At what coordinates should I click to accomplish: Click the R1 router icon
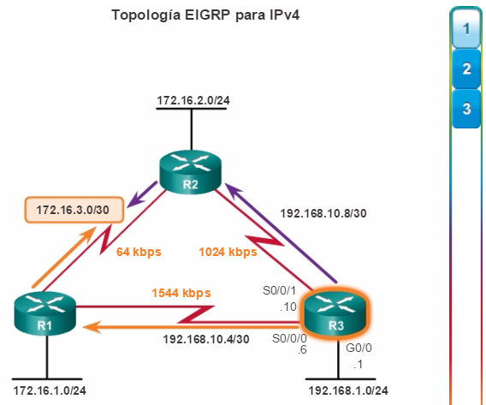point(45,314)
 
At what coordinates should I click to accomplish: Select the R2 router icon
point(190,173)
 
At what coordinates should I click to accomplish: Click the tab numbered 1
point(466,29)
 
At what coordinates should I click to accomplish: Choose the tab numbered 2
point(466,68)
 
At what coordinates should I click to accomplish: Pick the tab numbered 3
point(466,109)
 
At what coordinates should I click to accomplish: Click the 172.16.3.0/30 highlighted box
point(74,210)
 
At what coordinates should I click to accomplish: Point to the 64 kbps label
point(139,252)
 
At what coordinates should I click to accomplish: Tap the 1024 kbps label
point(228,252)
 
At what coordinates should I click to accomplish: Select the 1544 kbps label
point(181,293)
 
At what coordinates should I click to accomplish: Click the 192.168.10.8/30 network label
point(323,213)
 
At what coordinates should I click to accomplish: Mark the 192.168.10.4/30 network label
point(206,339)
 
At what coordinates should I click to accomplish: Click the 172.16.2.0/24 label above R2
point(193,100)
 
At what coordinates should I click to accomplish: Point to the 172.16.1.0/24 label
point(50,390)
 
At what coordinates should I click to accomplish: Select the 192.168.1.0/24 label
point(348,390)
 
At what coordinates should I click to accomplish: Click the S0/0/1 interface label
point(279,290)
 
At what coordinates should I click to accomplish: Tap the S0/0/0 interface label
point(289,338)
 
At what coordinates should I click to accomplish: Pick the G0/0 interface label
point(359,348)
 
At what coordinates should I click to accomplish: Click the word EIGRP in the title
point(208,15)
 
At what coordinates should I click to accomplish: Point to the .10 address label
point(288,307)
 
